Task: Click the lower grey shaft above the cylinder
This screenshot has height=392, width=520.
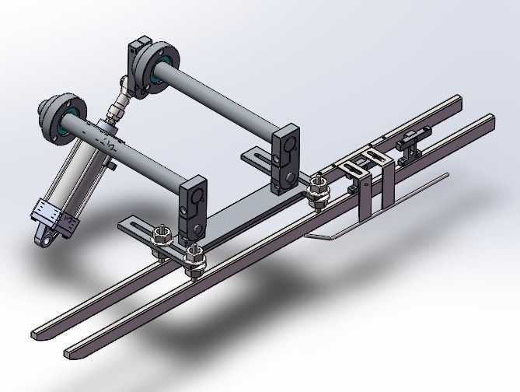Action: point(140,160)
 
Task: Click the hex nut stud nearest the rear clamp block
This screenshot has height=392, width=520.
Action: point(316,189)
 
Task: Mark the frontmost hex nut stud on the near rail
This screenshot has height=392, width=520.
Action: point(193,257)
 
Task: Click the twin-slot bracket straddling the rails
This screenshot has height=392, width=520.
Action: point(365,163)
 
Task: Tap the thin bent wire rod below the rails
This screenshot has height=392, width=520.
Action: point(373,210)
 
